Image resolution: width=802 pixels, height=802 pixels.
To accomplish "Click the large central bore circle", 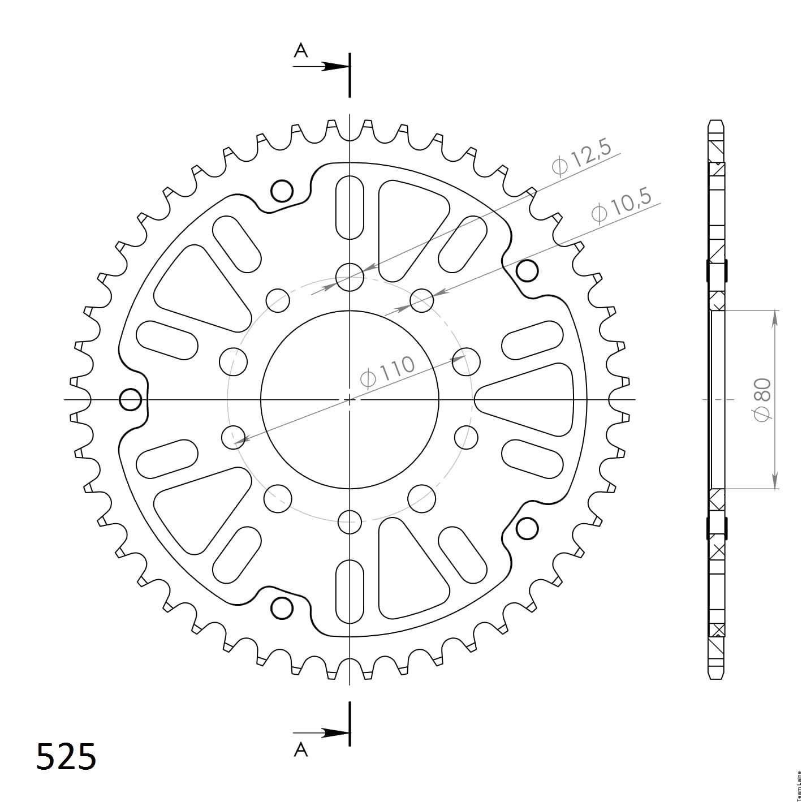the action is (x=261, y=399).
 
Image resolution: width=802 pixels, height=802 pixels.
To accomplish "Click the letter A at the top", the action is (x=300, y=51).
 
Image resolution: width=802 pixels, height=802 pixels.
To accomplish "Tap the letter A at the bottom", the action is (x=300, y=749).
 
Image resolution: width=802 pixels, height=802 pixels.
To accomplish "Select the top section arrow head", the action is (x=335, y=66).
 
